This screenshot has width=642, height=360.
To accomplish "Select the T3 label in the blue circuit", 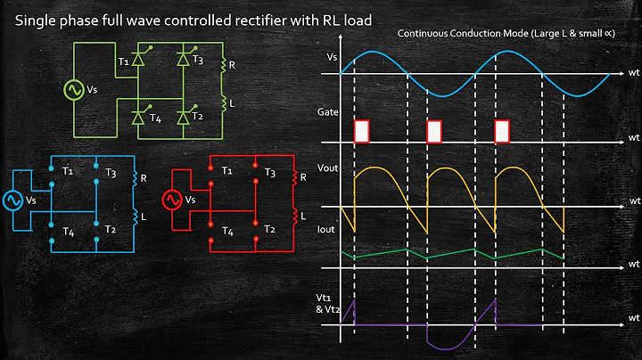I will click(x=110, y=173).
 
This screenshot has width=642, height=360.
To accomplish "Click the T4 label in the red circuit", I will click(x=228, y=231).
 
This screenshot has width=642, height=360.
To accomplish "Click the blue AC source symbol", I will click(x=14, y=200).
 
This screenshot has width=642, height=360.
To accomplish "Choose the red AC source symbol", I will click(x=171, y=200).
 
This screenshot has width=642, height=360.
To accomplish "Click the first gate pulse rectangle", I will click(x=361, y=131).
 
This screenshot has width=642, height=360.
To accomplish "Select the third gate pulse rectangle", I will click(x=502, y=131).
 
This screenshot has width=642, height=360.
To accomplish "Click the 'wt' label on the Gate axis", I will click(x=633, y=138).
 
